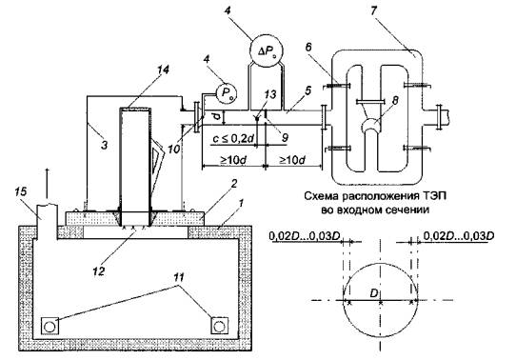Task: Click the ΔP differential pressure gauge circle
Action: pyautogui.click(x=267, y=50)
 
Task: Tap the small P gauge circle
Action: pyautogui.click(x=226, y=92)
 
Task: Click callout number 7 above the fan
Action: pyautogui.click(x=373, y=10)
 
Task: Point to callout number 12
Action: pyautogui.click(x=99, y=270)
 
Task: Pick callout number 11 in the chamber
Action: pyautogui.click(x=178, y=277)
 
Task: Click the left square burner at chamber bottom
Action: pyautogui.click(x=50, y=327)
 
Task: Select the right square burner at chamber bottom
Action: pyautogui.click(x=219, y=327)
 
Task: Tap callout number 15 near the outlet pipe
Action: pyautogui.click(x=20, y=191)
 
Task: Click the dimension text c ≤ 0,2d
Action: pyautogui.click(x=234, y=139)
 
